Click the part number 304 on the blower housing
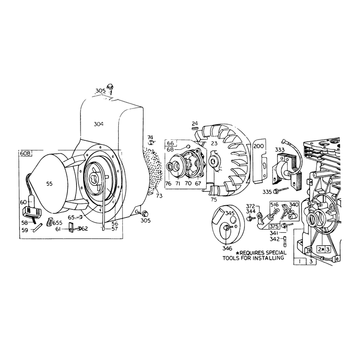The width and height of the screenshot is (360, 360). pyautogui.click(x=99, y=124)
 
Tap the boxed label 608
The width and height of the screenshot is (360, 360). pyautogui.click(x=25, y=153)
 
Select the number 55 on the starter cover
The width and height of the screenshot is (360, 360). pyautogui.click(x=49, y=184)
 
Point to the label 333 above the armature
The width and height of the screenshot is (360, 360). pyautogui.click(x=280, y=150)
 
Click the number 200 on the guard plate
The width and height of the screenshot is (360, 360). pyautogui.click(x=259, y=146)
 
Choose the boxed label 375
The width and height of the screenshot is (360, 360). pyautogui.click(x=274, y=226)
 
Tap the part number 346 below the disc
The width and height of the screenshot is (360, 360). pyautogui.click(x=227, y=248)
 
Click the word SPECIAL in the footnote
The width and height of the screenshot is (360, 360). pyautogui.click(x=276, y=252)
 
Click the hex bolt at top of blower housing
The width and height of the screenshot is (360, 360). pyautogui.click(x=110, y=86)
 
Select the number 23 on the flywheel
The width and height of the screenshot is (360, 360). pyautogui.click(x=214, y=143)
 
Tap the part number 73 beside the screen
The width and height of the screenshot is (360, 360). pyautogui.click(x=159, y=196)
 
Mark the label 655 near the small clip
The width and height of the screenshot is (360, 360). pyautogui.click(x=58, y=223)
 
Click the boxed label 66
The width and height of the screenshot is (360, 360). pyautogui.click(x=171, y=143)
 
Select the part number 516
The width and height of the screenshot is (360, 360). pyautogui.click(x=274, y=205)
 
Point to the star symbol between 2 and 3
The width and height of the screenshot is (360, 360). pyautogui.click(x=323, y=249)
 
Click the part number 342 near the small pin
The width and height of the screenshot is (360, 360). pyautogui.click(x=274, y=239)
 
